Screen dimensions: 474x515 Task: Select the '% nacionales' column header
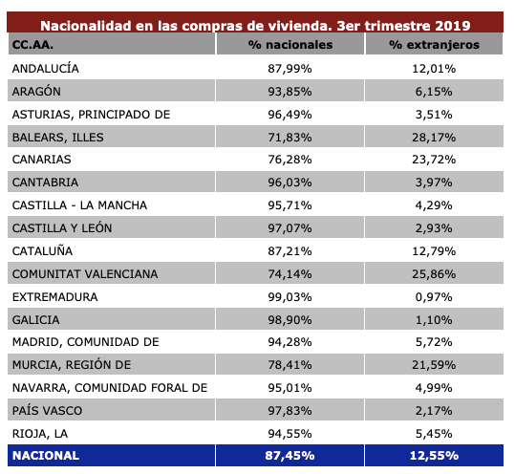coord(290,46)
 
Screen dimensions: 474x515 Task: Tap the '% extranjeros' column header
coord(435,46)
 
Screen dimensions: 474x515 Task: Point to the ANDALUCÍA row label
coord(46,69)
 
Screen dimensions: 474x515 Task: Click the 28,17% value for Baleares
coord(435,137)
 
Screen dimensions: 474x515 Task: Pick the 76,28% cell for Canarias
coord(290,160)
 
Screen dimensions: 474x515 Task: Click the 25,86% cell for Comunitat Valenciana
coord(435,274)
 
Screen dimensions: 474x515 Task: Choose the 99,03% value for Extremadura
coord(290,297)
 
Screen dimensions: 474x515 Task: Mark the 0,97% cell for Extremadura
coord(435,297)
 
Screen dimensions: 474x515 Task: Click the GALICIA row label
coord(35,320)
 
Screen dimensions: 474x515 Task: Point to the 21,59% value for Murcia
coord(435,365)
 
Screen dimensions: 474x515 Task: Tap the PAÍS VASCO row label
coord(47,411)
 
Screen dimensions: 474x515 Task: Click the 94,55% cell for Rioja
coord(290,434)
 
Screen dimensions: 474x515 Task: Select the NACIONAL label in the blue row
coord(46,457)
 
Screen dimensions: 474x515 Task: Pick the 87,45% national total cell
coord(290,457)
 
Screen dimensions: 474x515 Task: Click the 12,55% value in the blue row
coord(435,457)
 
